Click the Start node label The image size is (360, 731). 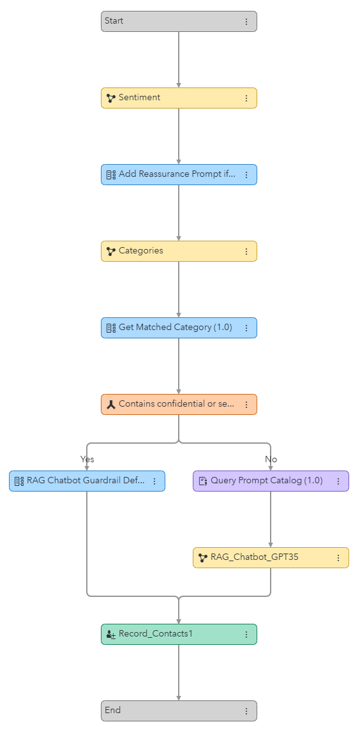[x=114, y=21]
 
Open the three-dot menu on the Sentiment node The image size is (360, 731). [x=246, y=98]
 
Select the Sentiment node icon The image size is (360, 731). [x=111, y=98]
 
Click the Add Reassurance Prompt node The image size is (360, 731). [x=177, y=174]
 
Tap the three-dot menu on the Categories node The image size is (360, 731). [x=246, y=252]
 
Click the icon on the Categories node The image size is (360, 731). [x=111, y=252]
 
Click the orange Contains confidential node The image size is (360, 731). [x=176, y=404]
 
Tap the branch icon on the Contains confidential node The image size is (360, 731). [x=111, y=405]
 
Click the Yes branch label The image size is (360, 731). [x=87, y=459]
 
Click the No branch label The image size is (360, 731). [x=271, y=459]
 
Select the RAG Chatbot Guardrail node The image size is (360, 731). [x=86, y=481]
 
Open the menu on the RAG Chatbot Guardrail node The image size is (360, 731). [x=154, y=481]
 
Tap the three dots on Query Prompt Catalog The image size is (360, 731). [x=338, y=481]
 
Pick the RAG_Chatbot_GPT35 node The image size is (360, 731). [x=254, y=557]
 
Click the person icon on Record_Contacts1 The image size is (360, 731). [x=111, y=635]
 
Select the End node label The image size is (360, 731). [x=113, y=711]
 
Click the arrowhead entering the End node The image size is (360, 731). [x=179, y=697]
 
